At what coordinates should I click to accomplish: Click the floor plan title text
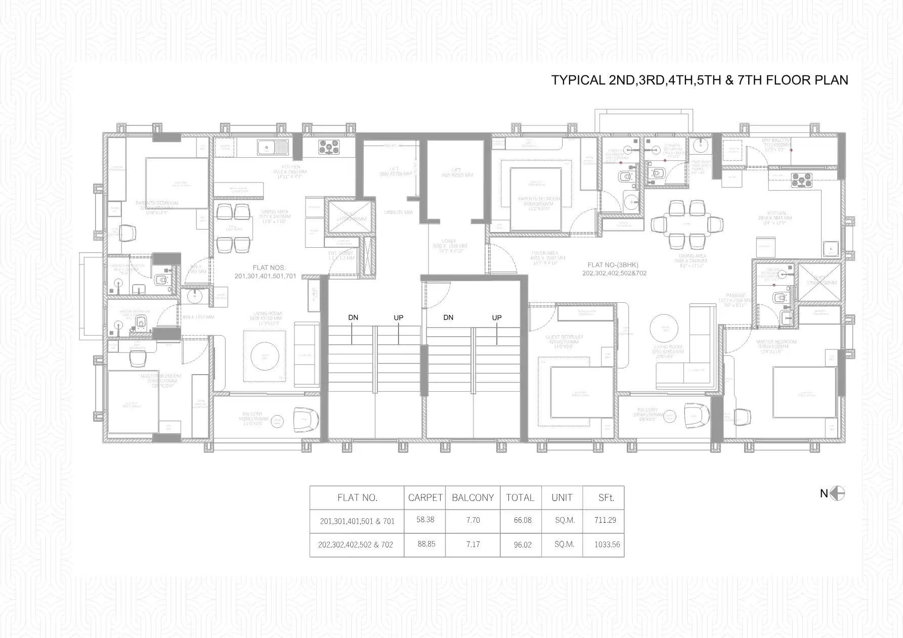pyautogui.click(x=699, y=80)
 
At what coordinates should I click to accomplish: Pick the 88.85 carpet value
pyautogui.click(x=425, y=544)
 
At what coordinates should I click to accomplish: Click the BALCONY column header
pyautogui.click(x=472, y=497)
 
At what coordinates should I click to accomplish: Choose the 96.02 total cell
pyautogui.click(x=522, y=545)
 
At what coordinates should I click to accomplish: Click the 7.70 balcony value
pyautogui.click(x=472, y=520)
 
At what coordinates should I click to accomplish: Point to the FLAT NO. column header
pyautogui.click(x=357, y=497)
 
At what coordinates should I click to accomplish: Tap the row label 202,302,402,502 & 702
pyautogui.click(x=355, y=545)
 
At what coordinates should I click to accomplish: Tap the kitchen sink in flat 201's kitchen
pyautogui.click(x=272, y=147)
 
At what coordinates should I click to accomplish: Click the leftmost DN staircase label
pyautogui.click(x=353, y=317)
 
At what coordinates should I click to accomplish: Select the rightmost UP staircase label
pyautogui.click(x=497, y=317)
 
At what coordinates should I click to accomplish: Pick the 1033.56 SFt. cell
pyautogui.click(x=607, y=545)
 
